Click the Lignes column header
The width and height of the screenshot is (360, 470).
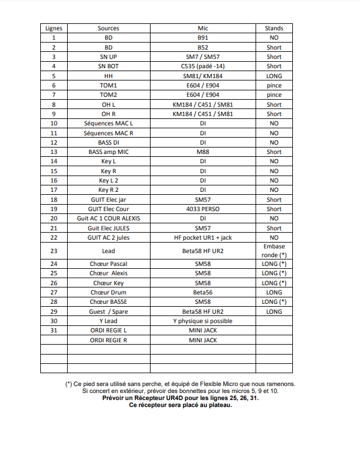54,28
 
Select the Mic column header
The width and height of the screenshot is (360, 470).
202,28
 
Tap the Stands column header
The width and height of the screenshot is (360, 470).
274,28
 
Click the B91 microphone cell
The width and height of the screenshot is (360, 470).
202,38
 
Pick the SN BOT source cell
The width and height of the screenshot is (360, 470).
109,66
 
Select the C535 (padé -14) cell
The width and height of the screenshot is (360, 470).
202,66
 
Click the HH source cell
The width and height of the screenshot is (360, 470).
109,76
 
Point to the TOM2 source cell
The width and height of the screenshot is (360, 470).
109,95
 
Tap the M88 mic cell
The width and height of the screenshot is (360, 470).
202,152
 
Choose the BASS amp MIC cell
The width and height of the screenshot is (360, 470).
109,152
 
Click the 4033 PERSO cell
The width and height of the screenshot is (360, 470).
202,209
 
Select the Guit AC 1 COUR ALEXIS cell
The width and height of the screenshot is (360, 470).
109,218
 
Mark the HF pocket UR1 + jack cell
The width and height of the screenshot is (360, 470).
202,237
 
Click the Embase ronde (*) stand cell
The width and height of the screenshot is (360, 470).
274,251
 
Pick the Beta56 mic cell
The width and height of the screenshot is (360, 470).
202,292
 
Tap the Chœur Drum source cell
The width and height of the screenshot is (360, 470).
109,292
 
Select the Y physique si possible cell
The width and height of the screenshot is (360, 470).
202,321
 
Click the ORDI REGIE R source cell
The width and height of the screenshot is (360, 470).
109,339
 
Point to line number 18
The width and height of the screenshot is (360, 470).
54,199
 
